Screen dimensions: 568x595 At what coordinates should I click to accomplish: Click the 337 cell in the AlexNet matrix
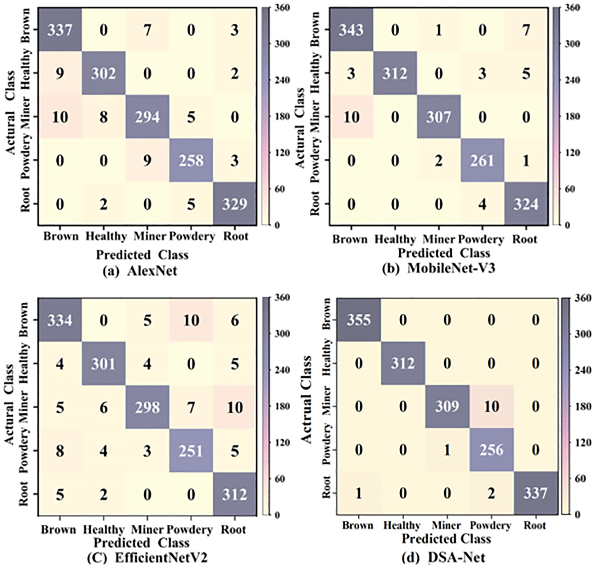pos(60,30)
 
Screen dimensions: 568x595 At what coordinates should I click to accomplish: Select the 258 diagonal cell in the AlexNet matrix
pos(191,160)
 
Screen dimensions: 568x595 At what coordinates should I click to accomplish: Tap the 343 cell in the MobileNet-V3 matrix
pos(351,30)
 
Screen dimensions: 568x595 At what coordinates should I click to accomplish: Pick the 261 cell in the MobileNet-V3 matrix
pos(482,160)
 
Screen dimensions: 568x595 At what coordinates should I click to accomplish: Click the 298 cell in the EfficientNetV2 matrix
pos(147,407)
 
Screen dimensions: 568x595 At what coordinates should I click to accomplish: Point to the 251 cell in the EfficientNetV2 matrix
pos(191,451)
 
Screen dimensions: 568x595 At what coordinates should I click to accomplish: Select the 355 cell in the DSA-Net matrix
pos(359,320)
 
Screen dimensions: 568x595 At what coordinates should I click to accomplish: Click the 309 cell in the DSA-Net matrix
pos(447,406)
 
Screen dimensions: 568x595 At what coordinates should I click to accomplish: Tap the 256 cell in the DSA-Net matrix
pos(491,450)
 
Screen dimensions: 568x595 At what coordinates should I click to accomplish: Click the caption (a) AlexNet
pos(140,271)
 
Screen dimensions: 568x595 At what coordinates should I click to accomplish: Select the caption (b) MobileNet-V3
pos(439,268)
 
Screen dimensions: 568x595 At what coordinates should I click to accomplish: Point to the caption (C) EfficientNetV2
pos(147,558)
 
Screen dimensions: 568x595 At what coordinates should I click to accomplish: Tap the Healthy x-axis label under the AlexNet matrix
pos(106,236)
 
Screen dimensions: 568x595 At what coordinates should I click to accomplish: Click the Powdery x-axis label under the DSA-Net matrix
pos(490,526)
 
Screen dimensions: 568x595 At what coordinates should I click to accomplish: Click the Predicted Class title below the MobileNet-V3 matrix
pos(444,253)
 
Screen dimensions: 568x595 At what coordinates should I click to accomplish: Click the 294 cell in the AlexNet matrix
pos(147,117)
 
